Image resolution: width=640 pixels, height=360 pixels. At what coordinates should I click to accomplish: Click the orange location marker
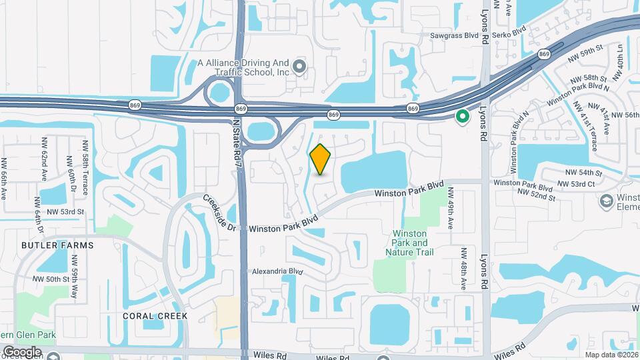pyautogui.click(x=320, y=159)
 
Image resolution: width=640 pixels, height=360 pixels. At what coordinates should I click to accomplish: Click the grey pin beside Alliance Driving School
pyautogui.click(x=299, y=66)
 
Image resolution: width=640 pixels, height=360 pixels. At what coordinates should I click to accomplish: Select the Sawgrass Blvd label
pyautogui.click(x=456, y=32)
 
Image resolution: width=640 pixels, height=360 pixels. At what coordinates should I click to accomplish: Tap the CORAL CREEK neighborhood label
pyautogui.click(x=155, y=315)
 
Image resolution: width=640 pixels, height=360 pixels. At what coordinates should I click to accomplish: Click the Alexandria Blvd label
pyautogui.click(x=277, y=272)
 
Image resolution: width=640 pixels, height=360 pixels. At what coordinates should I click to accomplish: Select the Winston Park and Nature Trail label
pyautogui.click(x=413, y=243)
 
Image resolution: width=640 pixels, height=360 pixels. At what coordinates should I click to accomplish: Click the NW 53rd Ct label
pyautogui.click(x=579, y=183)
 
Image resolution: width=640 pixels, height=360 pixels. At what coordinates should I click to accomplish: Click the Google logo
pyautogui.click(x=22, y=351)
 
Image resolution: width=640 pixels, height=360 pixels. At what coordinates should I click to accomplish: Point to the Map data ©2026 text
pyautogui.click(x=610, y=355)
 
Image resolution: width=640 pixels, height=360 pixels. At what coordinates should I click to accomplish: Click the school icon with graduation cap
pyautogui.click(x=607, y=201)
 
